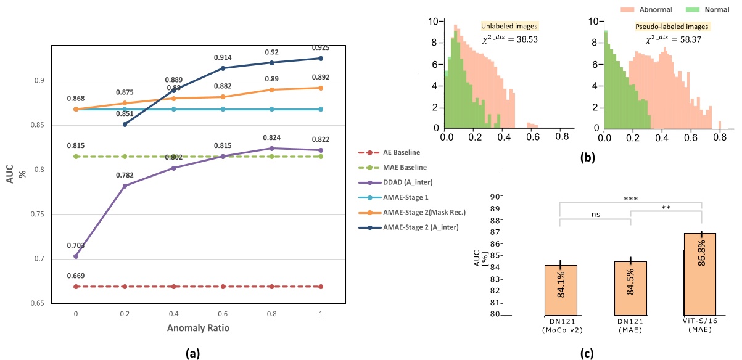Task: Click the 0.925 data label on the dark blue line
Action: coord(319,47)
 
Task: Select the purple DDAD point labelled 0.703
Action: coord(76,256)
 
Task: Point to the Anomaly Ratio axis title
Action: coord(198,328)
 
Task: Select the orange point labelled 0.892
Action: coord(320,88)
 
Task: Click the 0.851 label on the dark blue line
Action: coord(125,113)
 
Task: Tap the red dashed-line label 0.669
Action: coord(75,276)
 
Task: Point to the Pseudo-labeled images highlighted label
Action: coord(672,27)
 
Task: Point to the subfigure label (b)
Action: coord(588,157)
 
